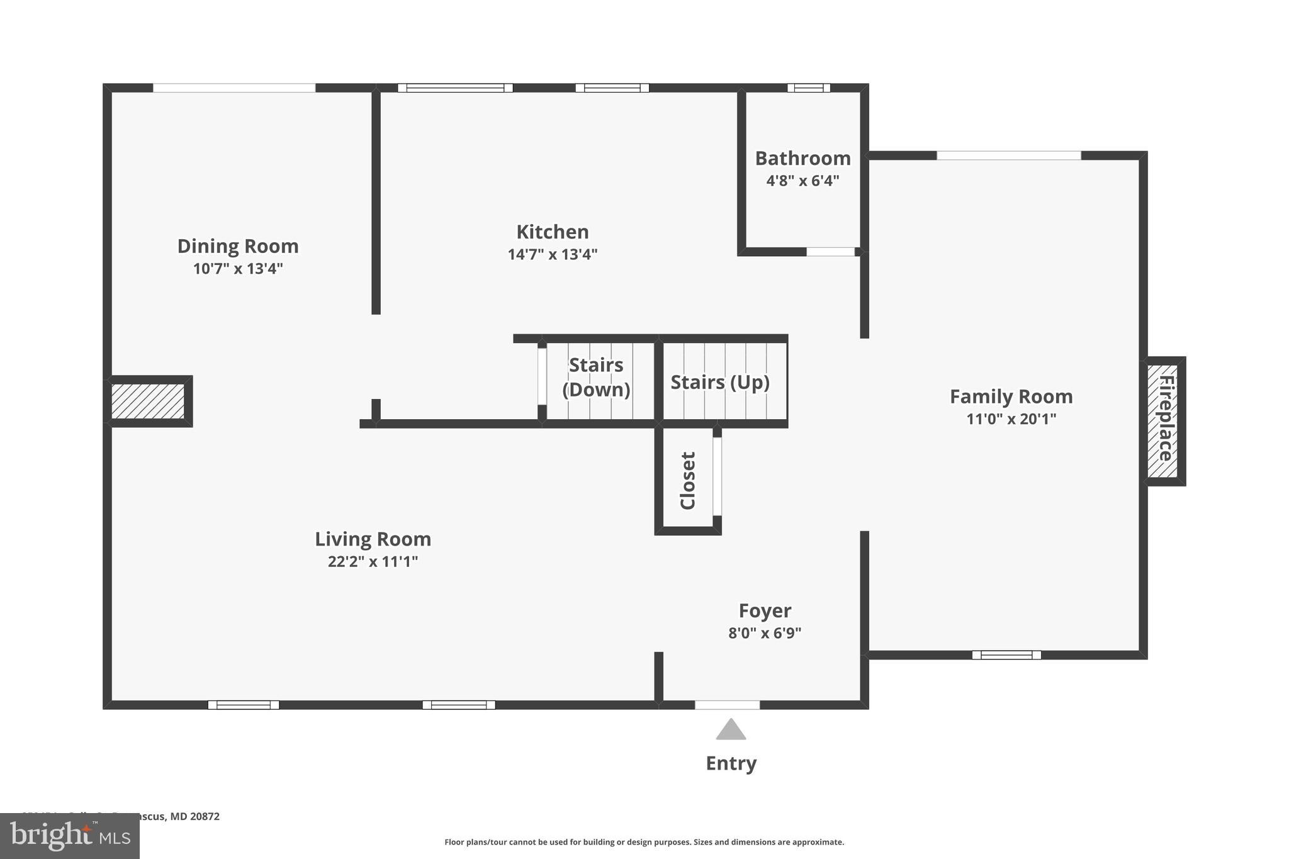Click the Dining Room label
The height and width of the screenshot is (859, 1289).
(238, 246)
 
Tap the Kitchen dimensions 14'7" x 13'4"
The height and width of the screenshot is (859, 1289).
(552, 254)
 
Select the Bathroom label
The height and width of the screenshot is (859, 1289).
(802, 158)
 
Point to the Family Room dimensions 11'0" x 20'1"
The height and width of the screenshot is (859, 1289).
(1011, 418)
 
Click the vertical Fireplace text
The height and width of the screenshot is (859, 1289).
(1165, 418)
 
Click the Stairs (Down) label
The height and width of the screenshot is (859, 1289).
(595, 377)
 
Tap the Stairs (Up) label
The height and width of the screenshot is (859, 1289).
(719, 382)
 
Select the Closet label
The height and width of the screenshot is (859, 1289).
(687, 480)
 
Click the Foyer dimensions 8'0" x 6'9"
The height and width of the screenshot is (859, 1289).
(765, 633)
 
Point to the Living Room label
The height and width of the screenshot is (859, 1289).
(373, 539)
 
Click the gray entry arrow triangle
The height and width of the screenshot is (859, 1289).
(731, 730)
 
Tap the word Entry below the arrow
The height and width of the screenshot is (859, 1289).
(731, 763)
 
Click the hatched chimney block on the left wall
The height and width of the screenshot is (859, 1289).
(148, 401)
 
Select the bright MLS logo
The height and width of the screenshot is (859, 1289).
(70, 836)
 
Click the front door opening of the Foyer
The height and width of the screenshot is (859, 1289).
(727, 705)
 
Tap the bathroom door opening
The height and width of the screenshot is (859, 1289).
(830, 252)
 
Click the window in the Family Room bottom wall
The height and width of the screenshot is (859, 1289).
(1006, 655)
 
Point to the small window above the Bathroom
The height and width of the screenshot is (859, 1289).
(808, 88)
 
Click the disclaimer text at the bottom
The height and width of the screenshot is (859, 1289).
(644, 842)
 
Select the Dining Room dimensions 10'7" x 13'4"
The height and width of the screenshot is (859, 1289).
(238, 269)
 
